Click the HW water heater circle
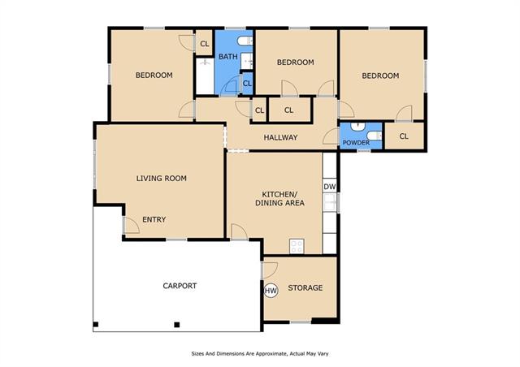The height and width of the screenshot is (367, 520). pos(271,291)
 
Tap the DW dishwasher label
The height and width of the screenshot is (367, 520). pos(329,187)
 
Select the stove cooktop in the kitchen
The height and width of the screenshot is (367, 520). pos(297,246)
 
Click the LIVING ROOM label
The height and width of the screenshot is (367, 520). pos(162,179)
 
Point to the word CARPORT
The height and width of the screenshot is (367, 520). pos(180,286)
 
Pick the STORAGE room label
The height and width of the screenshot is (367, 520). pos(305,287)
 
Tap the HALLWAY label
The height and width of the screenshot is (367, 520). pos(280,137)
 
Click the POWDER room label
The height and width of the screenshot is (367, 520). pos(356,143)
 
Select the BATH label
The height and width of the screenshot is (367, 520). pos(228,57)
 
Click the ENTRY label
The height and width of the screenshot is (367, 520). pos(154,219)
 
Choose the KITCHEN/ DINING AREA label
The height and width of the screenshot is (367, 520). pos(279,199)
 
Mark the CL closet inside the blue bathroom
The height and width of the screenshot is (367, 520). pos(247,84)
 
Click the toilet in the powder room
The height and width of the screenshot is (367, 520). pos(374,136)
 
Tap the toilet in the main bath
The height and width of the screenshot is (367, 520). pos(245,41)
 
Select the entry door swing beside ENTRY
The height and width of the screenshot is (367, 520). pos(131,225)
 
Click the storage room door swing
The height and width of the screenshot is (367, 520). pos(270,270)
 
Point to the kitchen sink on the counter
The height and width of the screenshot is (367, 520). pos(330,202)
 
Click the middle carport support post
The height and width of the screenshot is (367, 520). pos(177,325)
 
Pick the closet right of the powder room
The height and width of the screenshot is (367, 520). pos(404,136)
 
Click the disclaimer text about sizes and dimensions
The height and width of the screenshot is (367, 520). pos(260,354)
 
